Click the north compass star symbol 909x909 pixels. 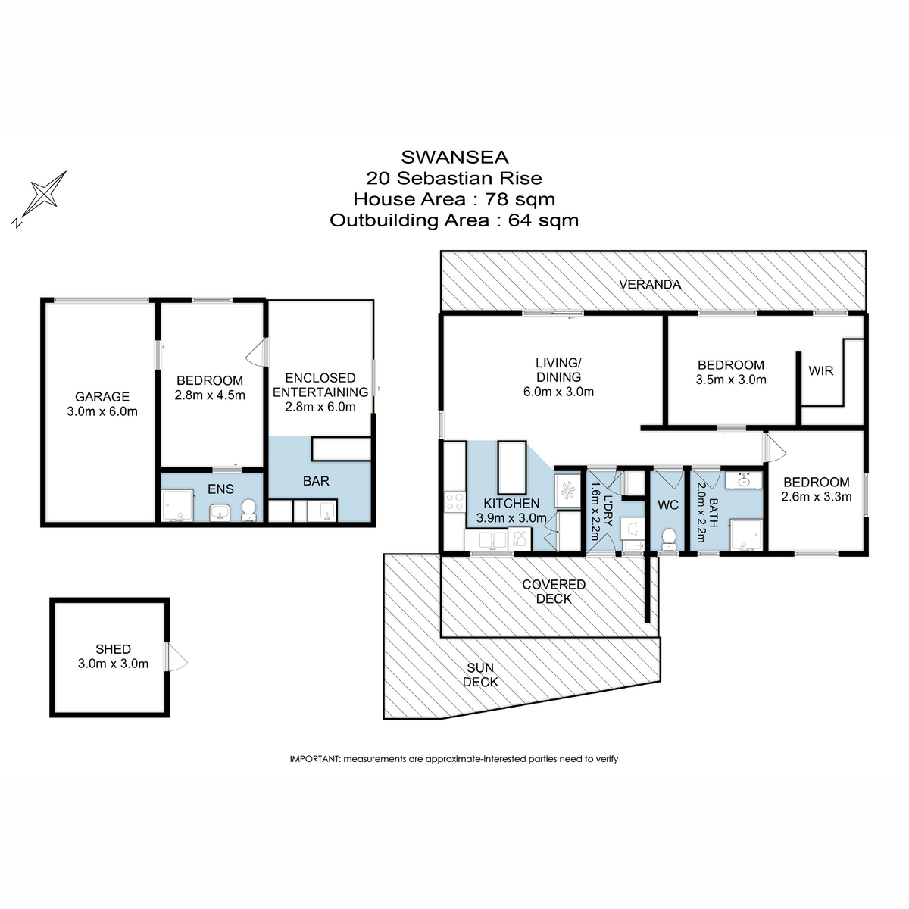click(x=44, y=194)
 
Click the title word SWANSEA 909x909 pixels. click(x=454, y=157)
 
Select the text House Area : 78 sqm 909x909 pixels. click(x=454, y=199)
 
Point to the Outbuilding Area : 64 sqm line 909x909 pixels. click(x=454, y=220)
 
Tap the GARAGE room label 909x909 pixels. click(x=102, y=396)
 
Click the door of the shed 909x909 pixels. click(x=177, y=657)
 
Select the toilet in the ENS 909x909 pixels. click(x=248, y=511)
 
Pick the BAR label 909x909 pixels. click(x=316, y=481)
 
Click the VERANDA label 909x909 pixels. click(x=650, y=285)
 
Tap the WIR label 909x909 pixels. click(x=821, y=371)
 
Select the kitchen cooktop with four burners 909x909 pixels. click(x=454, y=501)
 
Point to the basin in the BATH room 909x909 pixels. click(x=743, y=480)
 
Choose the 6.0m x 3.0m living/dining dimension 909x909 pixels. click(x=558, y=392)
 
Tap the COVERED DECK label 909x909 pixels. click(x=553, y=592)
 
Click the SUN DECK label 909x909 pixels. click(x=480, y=674)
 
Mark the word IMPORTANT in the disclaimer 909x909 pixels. click(x=315, y=759)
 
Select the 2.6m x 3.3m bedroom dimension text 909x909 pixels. click(x=817, y=497)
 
